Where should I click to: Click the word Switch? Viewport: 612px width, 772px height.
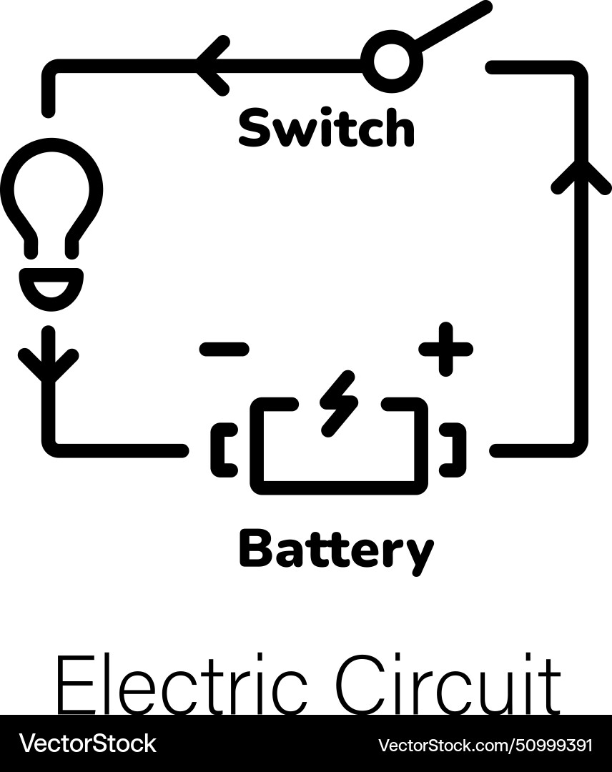point(326,129)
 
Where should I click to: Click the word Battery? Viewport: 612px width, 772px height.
point(335,551)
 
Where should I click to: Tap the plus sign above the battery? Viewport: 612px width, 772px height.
point(445,349)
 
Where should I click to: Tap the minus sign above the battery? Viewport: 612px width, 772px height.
point(224,349)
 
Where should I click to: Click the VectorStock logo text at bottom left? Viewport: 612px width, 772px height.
point(87,744)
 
